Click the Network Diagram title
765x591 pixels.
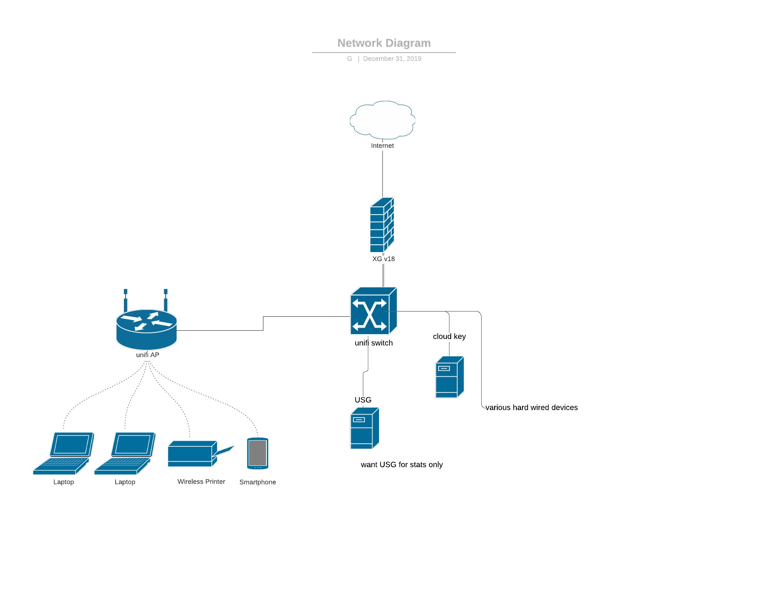[x=384, y=43]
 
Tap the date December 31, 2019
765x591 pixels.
[x=392, y=59]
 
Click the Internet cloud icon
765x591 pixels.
[x=382, y=120]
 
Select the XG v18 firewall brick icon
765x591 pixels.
[x=382, y=226]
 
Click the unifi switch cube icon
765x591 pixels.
[x=373, y=311]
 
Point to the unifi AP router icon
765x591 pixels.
[x=146, y=329]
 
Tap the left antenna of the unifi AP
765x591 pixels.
[x=126, y=300]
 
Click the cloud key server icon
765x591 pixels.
[x=449, y=377]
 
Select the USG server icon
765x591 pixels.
[x=364, y=428]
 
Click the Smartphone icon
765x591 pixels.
[x=258, y=453]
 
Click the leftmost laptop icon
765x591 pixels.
[x=63, y=453]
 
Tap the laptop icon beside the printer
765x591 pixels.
[x=125, y=453]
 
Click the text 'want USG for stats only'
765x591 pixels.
[x=402, y=465]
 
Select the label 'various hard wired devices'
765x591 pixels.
[x=531, y=408]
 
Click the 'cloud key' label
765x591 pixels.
[x=449, y=336]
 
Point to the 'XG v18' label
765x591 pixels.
[x=383, y=259]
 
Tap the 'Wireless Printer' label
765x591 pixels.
[x=201, y=481]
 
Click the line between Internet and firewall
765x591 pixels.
[x=382, y=174]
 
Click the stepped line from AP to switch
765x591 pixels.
[x=263, y=324]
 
